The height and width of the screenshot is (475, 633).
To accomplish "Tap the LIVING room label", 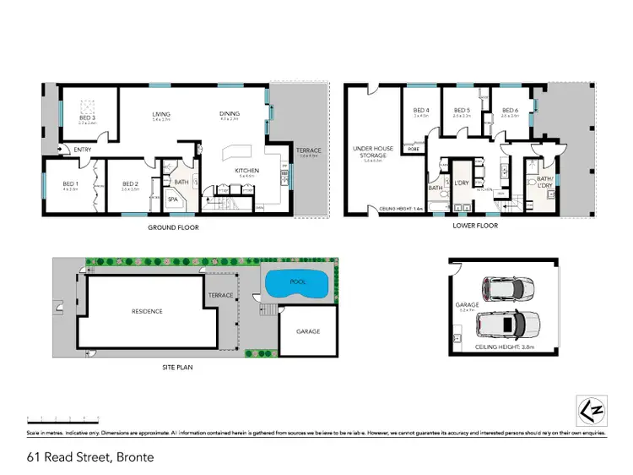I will [161, 114].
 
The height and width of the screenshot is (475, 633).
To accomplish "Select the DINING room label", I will [230, 114].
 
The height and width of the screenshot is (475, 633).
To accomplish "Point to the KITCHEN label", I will [246, 171].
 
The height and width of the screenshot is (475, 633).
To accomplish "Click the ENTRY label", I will [83, 150].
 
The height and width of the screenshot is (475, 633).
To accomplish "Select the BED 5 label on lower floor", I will [462, 111].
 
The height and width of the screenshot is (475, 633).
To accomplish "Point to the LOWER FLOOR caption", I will [477, 227].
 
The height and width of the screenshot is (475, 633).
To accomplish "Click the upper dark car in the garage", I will [507, 288].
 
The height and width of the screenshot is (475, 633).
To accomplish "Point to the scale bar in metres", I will [62, 419].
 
